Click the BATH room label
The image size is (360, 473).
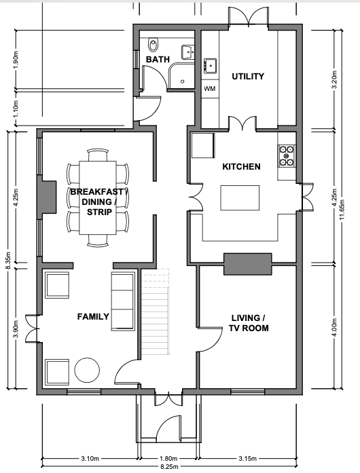[158, 60]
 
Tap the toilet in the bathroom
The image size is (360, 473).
[154, 45]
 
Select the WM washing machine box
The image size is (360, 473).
[210, 88]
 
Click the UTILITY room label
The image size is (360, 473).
[248, 76]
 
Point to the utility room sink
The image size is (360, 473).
[210, 66]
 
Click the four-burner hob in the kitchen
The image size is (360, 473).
[287, 156]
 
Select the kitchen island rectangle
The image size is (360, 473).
[240, 198]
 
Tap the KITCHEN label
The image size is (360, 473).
[241, 166]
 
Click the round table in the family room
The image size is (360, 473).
[87, 370]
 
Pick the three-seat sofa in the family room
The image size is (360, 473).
[123, 301]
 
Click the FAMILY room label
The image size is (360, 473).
[93, 316]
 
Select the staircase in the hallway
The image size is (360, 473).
[155, 311]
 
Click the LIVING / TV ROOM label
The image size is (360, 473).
[248, 323]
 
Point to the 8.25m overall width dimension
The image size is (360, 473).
[169, 467]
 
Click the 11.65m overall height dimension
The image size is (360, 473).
[342, 210]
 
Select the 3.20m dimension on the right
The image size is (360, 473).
[334, 79]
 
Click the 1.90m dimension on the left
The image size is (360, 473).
[16, 60]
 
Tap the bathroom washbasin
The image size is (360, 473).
[187, 52]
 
